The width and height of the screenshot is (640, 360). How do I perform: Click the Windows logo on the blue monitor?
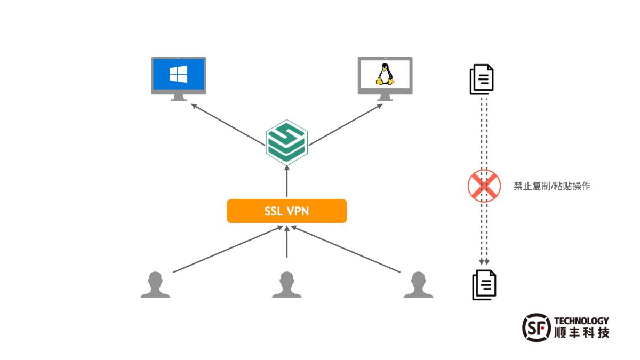click(x=179, y=74)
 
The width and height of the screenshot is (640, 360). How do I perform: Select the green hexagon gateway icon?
click(x=287, y=141)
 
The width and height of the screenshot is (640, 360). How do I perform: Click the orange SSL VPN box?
click(x=287, y=211)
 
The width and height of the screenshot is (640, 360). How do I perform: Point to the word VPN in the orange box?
click(x=298, y=211)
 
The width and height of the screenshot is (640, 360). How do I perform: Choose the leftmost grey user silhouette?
click(x=155, y=285)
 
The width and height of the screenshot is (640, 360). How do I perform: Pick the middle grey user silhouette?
click(x=287, y=285)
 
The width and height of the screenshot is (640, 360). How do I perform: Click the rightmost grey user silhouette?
click(x=418, y=285)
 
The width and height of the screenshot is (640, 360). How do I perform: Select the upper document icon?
click(x=482, y=79)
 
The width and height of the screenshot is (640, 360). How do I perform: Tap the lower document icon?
click(x=484, y=285)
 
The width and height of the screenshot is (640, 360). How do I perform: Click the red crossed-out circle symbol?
click(x=484, y=186)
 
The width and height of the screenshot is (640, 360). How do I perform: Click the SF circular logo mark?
click(x=535, y=326)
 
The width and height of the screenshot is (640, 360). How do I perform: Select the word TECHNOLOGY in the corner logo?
click(x=581, y=321)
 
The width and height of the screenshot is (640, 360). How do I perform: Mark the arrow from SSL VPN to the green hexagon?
click(x=287, y=181)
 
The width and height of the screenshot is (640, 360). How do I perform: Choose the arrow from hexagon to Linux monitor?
click(x=346, y=124)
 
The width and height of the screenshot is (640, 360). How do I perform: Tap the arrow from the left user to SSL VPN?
click(x=227, y=250)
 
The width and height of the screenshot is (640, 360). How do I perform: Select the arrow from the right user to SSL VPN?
click(x=346, y=250)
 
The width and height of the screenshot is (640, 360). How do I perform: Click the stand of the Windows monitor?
click(x=179, y=98)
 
